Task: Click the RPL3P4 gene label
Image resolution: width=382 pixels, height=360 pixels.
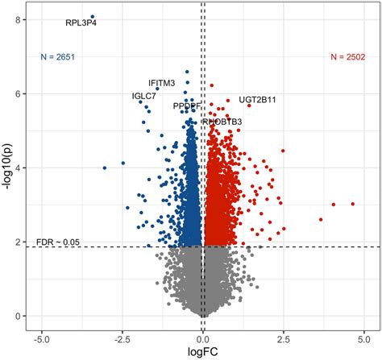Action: (81, 23)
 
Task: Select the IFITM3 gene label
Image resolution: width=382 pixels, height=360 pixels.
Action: (161, 83)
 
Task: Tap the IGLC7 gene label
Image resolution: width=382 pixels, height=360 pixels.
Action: (144, 96)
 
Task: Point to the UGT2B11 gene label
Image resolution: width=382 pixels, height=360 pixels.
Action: (257, 100)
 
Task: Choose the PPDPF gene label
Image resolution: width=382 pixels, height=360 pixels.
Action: (187, 106)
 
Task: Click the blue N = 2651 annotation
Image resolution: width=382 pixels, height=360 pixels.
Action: (57, 57)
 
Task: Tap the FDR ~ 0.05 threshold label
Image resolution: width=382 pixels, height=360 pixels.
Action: (58, 242)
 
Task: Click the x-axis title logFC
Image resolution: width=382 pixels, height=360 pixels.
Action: (202, 352)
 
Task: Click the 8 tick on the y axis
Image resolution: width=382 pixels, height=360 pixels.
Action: (17, 19)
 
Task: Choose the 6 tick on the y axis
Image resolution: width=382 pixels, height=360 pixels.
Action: (17, 93)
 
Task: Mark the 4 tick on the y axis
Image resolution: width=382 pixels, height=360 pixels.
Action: (17, 168)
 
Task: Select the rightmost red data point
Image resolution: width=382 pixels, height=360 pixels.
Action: (353, 204)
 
